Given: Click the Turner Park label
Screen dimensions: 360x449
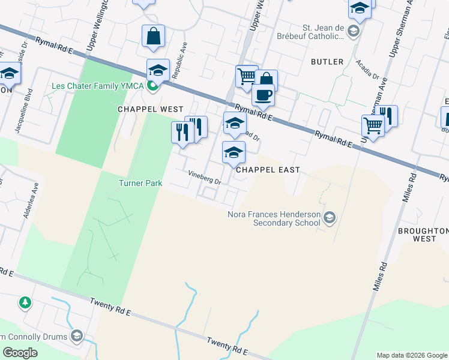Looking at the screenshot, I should [140, 183].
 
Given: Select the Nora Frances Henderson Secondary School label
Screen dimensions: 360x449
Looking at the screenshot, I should [276, 218].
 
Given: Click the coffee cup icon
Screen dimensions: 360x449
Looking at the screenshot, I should [262, 94].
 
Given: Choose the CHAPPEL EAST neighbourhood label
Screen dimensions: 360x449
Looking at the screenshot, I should [267, 170].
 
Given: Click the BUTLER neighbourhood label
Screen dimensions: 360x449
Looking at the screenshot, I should [327, 62].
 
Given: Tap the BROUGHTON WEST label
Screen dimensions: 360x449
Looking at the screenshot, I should [424, 235].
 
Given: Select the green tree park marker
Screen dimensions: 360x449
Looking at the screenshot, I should [25, 302].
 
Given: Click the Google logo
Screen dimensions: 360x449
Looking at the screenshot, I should [20, 353].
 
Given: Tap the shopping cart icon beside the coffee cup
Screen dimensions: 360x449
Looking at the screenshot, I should [246, 77].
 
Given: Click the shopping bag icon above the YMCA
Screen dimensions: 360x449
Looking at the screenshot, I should [153, 37].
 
